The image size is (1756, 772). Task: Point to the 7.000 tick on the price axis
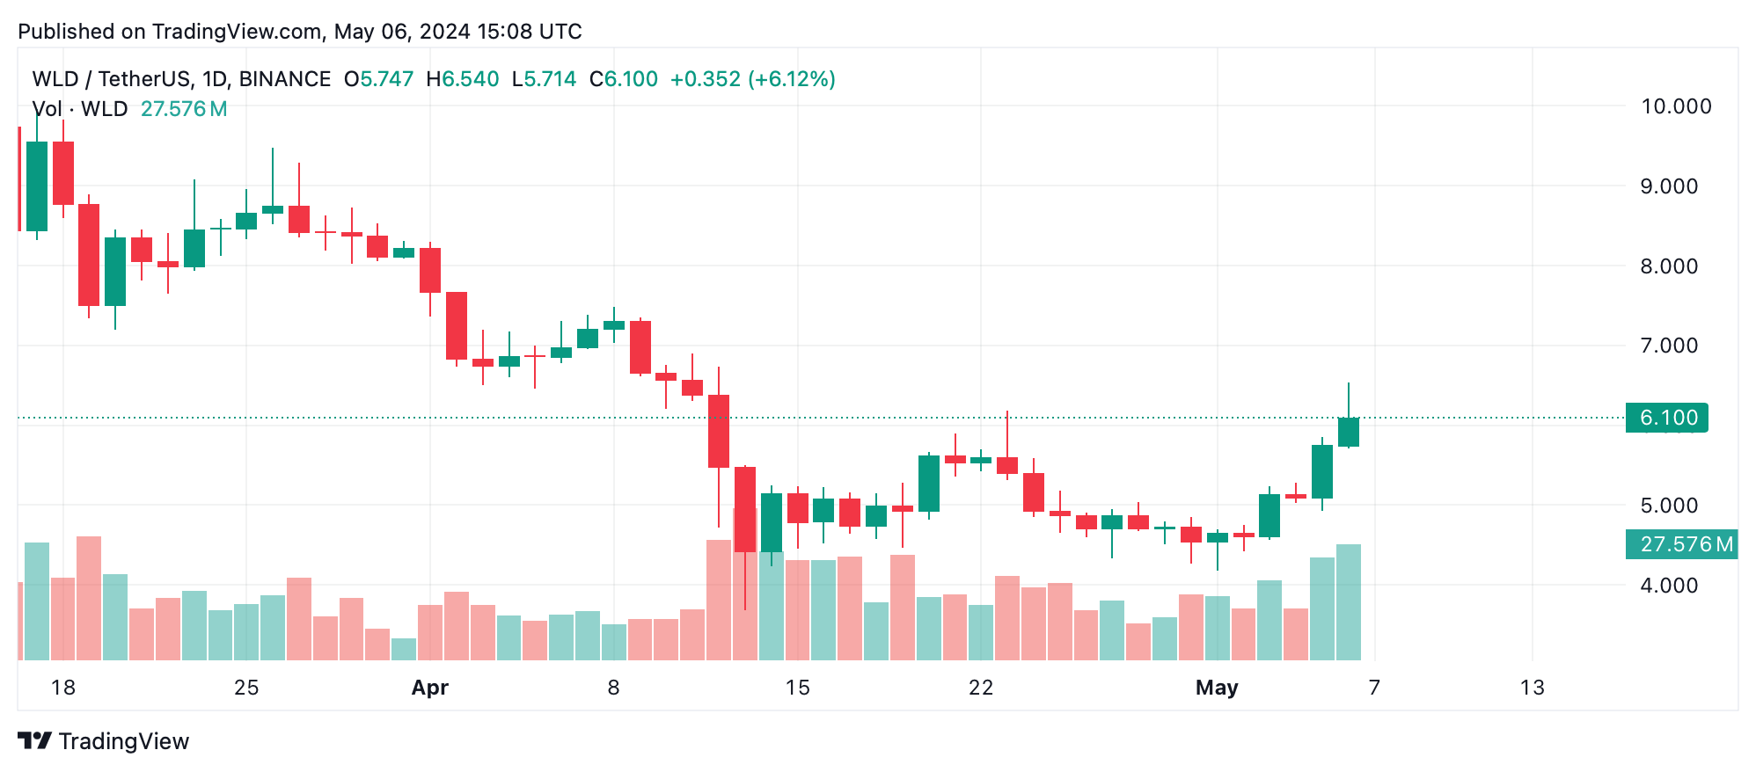(x=1668, y=346)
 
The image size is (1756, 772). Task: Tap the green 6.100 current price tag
(x=1667, y=418)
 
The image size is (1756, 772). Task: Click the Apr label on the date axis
(x=429, y=688)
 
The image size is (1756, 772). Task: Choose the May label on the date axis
(x=1216, y=688)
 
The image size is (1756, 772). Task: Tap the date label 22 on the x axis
(x=980, y=688)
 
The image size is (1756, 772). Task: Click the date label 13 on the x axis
(x=1532, y=688)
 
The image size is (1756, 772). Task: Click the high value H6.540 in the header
(x=463, y=79)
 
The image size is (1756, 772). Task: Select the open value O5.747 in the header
(x=379, y=79)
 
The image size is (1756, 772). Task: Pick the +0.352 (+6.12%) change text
(x=752, y=79)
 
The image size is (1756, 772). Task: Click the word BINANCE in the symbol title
(x=285, y=79)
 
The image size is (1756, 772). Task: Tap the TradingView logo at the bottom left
(x=104, y=741)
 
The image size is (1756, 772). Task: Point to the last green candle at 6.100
(x=1348, y=432)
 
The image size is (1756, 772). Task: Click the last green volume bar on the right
(x=1348, y=602)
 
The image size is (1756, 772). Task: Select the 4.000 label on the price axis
(x=1668, y=586)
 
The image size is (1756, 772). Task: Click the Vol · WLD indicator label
(x=80, y=109)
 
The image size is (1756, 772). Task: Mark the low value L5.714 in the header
(x=545, y=79)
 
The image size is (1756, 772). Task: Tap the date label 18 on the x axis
(x=63, y=688)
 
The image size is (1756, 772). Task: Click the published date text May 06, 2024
(x=401, y=32)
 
